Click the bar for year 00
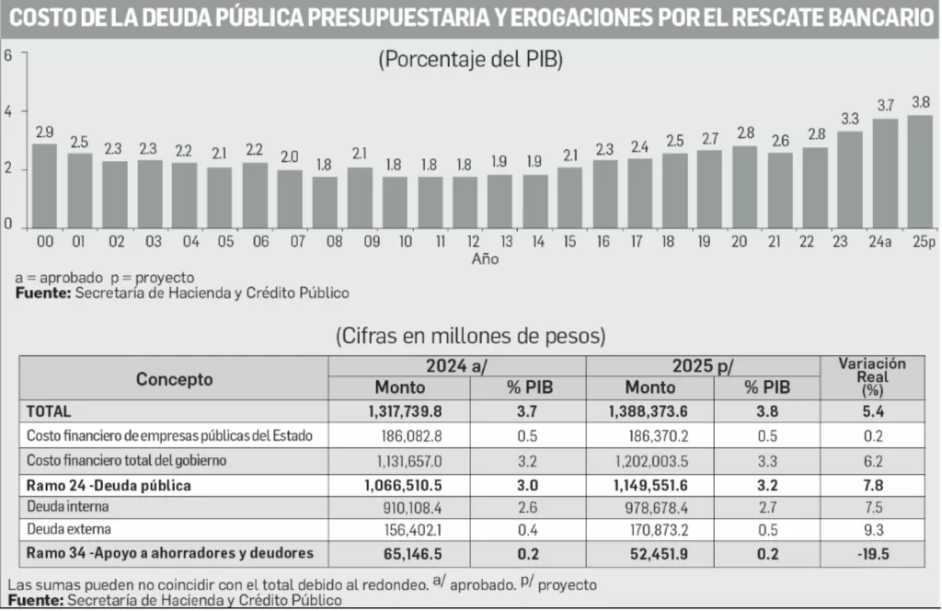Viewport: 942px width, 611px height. click(x=45, y=185)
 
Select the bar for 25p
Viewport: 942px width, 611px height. click(x=920, y=171)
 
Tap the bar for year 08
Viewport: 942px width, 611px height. click(x=325, y=202)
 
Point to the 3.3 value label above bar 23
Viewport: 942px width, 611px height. click(x=851, y=119)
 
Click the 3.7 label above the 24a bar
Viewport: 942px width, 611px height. click(x=886, y=106)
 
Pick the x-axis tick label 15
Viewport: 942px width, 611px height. click(x=569, y=241)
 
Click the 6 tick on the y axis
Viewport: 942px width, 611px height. click(x=8, y=54)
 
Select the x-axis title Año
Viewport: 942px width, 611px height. click(x=485, y=259)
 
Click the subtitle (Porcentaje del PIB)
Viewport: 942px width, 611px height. click(x=470, y=60)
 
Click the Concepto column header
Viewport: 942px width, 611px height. click(x=174, y=378)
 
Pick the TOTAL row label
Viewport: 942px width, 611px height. click(x=49, y=411)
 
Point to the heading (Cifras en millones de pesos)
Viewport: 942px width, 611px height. click(x=470, y=334)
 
